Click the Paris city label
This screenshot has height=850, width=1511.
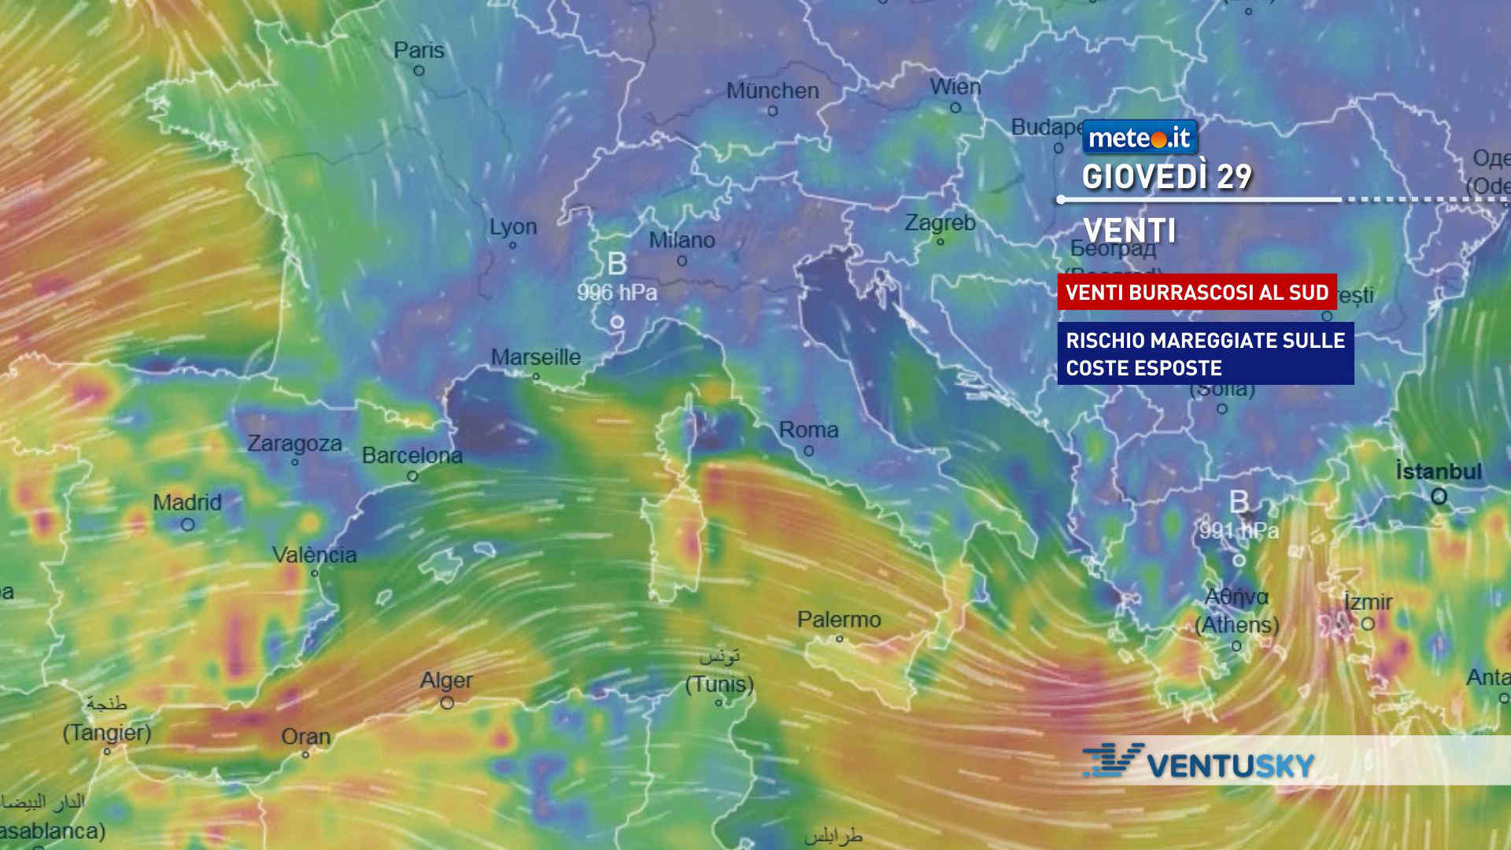tap(419, 50)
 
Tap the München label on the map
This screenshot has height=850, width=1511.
tap(772, 91)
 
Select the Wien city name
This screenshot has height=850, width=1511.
tap(955, 87)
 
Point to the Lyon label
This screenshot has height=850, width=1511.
tap(513, 227)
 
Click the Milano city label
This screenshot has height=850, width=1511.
tap(682, 240)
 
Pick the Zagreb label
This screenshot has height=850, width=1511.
tap(940, 223)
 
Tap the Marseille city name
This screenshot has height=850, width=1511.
tap(536, 357)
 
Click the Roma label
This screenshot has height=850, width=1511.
tap(808, 430)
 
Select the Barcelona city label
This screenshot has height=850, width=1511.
tap(412, 456)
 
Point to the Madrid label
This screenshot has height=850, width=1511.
tap(187, 502)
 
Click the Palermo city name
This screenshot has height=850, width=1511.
tap(839, 619)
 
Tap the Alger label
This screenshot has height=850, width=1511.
tap(446, 680)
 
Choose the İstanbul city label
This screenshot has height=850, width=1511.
tap(1439, 471)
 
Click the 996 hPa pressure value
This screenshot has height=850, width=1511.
tap(617, 293)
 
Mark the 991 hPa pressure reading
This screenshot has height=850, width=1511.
tap(1239, 531)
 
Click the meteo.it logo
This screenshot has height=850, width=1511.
tap(1140, 138)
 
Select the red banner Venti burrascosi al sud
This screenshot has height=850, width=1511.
tap(1196, 292)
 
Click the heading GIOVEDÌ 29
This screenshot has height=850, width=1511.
tap(1166, 177)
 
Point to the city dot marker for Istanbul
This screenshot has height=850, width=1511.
tap(1439, 497)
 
